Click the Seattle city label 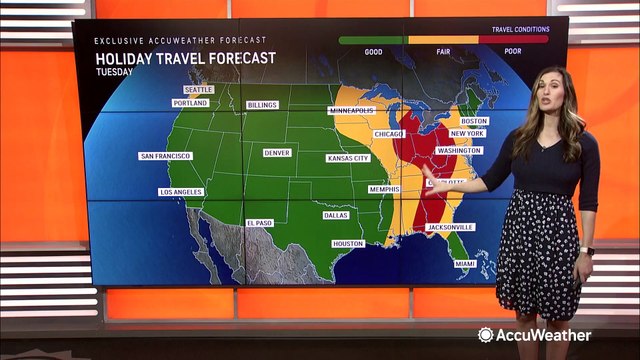(198, 89)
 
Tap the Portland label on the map (189, 103)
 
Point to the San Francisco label (166, 156)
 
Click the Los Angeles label (181, 191)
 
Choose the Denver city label (277, 153)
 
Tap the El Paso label (259, 223)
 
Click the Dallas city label (336, 215)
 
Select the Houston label (348, 244)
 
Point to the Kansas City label (348, 159)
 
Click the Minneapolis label (352, 110)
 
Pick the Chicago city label (389, 134)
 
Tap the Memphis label (383, 189)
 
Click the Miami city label (465, 263)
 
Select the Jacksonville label (450, 228)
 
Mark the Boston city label (474, 121)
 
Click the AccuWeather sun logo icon (486, 335)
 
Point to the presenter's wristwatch (587, 250)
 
